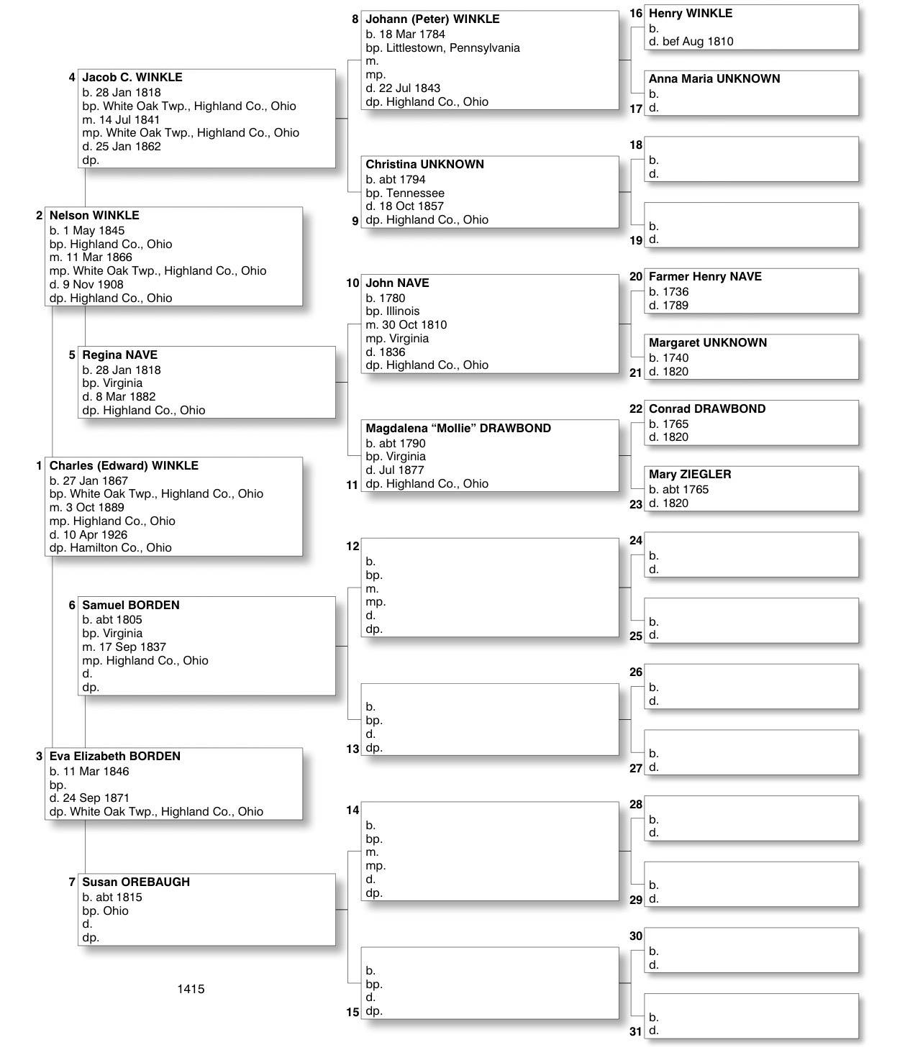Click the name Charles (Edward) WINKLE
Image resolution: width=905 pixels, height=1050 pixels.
pyautogui.click(x=124, y=465)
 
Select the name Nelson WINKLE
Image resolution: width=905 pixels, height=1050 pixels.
pyautogui.click(x=94, y=215)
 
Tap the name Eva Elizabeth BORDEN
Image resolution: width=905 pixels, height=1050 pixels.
pyautogui.click(x=115, y=756)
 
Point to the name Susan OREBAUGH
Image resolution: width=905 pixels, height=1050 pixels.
pyautogui.click(x=136, y=882)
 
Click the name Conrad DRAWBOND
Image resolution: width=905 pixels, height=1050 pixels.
pyautogui.click(x=707, y=408)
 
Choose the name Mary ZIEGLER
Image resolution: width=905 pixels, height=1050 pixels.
pyautogui.click(x=690, y=474)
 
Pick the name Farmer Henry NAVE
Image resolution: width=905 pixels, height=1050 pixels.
pyautogui.click(x=705, y=276)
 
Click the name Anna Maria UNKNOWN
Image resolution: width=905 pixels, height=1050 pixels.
pyautogui.click(x=714, y=78)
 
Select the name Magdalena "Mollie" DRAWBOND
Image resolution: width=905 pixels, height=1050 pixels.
pyautogui.click(x=458, y=428)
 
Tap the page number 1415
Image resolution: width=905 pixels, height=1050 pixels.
pyautogui.click(x=191, y=989)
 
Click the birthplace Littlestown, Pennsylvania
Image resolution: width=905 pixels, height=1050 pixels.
pyautogui.click(x=452, y=47)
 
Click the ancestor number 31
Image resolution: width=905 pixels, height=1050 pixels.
pyautogui.click(x=635, y=1031)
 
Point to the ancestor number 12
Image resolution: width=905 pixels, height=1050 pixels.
pyautogui.click(x=353, y=547)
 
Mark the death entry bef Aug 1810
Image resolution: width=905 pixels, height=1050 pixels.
pyautogui.click(x=697, y=41)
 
